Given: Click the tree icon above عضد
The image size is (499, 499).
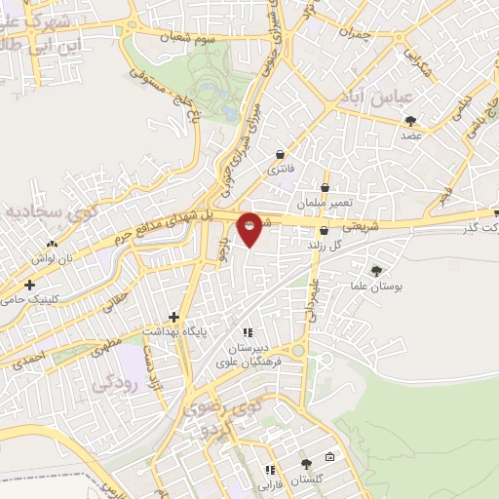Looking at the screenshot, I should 410,121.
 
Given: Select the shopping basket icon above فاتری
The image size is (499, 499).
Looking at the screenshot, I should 281,154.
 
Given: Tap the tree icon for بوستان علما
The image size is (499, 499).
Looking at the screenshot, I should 376,271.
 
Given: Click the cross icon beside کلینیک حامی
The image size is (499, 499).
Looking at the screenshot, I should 31,286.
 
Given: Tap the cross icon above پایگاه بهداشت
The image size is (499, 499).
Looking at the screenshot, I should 173,317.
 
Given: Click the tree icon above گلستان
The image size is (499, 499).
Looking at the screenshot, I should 308,463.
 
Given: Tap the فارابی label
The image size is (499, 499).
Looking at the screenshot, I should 268,483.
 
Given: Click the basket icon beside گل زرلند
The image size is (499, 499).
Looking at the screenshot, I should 324,231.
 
